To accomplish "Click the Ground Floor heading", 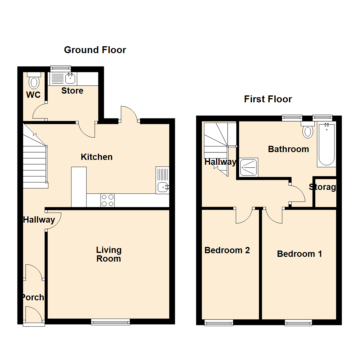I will point(95,50).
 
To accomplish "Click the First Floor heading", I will point(268,99).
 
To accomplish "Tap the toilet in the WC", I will point(34,81).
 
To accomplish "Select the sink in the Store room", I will point(70,79).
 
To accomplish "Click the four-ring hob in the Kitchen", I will point(107,200).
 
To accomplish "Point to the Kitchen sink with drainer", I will point(162,180).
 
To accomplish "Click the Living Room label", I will point(109,254).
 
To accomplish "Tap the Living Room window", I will point(110,321).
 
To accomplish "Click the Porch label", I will point(33,297).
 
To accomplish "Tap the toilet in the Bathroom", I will point(308,130).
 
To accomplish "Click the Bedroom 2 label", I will point(227,250).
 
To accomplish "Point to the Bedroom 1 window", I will point(298,322).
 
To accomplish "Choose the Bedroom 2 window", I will point(219,322).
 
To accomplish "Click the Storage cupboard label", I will point(322,187).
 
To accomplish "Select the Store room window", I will point(61,68).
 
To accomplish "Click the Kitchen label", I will point(97,157).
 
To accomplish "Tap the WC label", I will point(33,95).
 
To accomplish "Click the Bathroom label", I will point(288,149).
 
